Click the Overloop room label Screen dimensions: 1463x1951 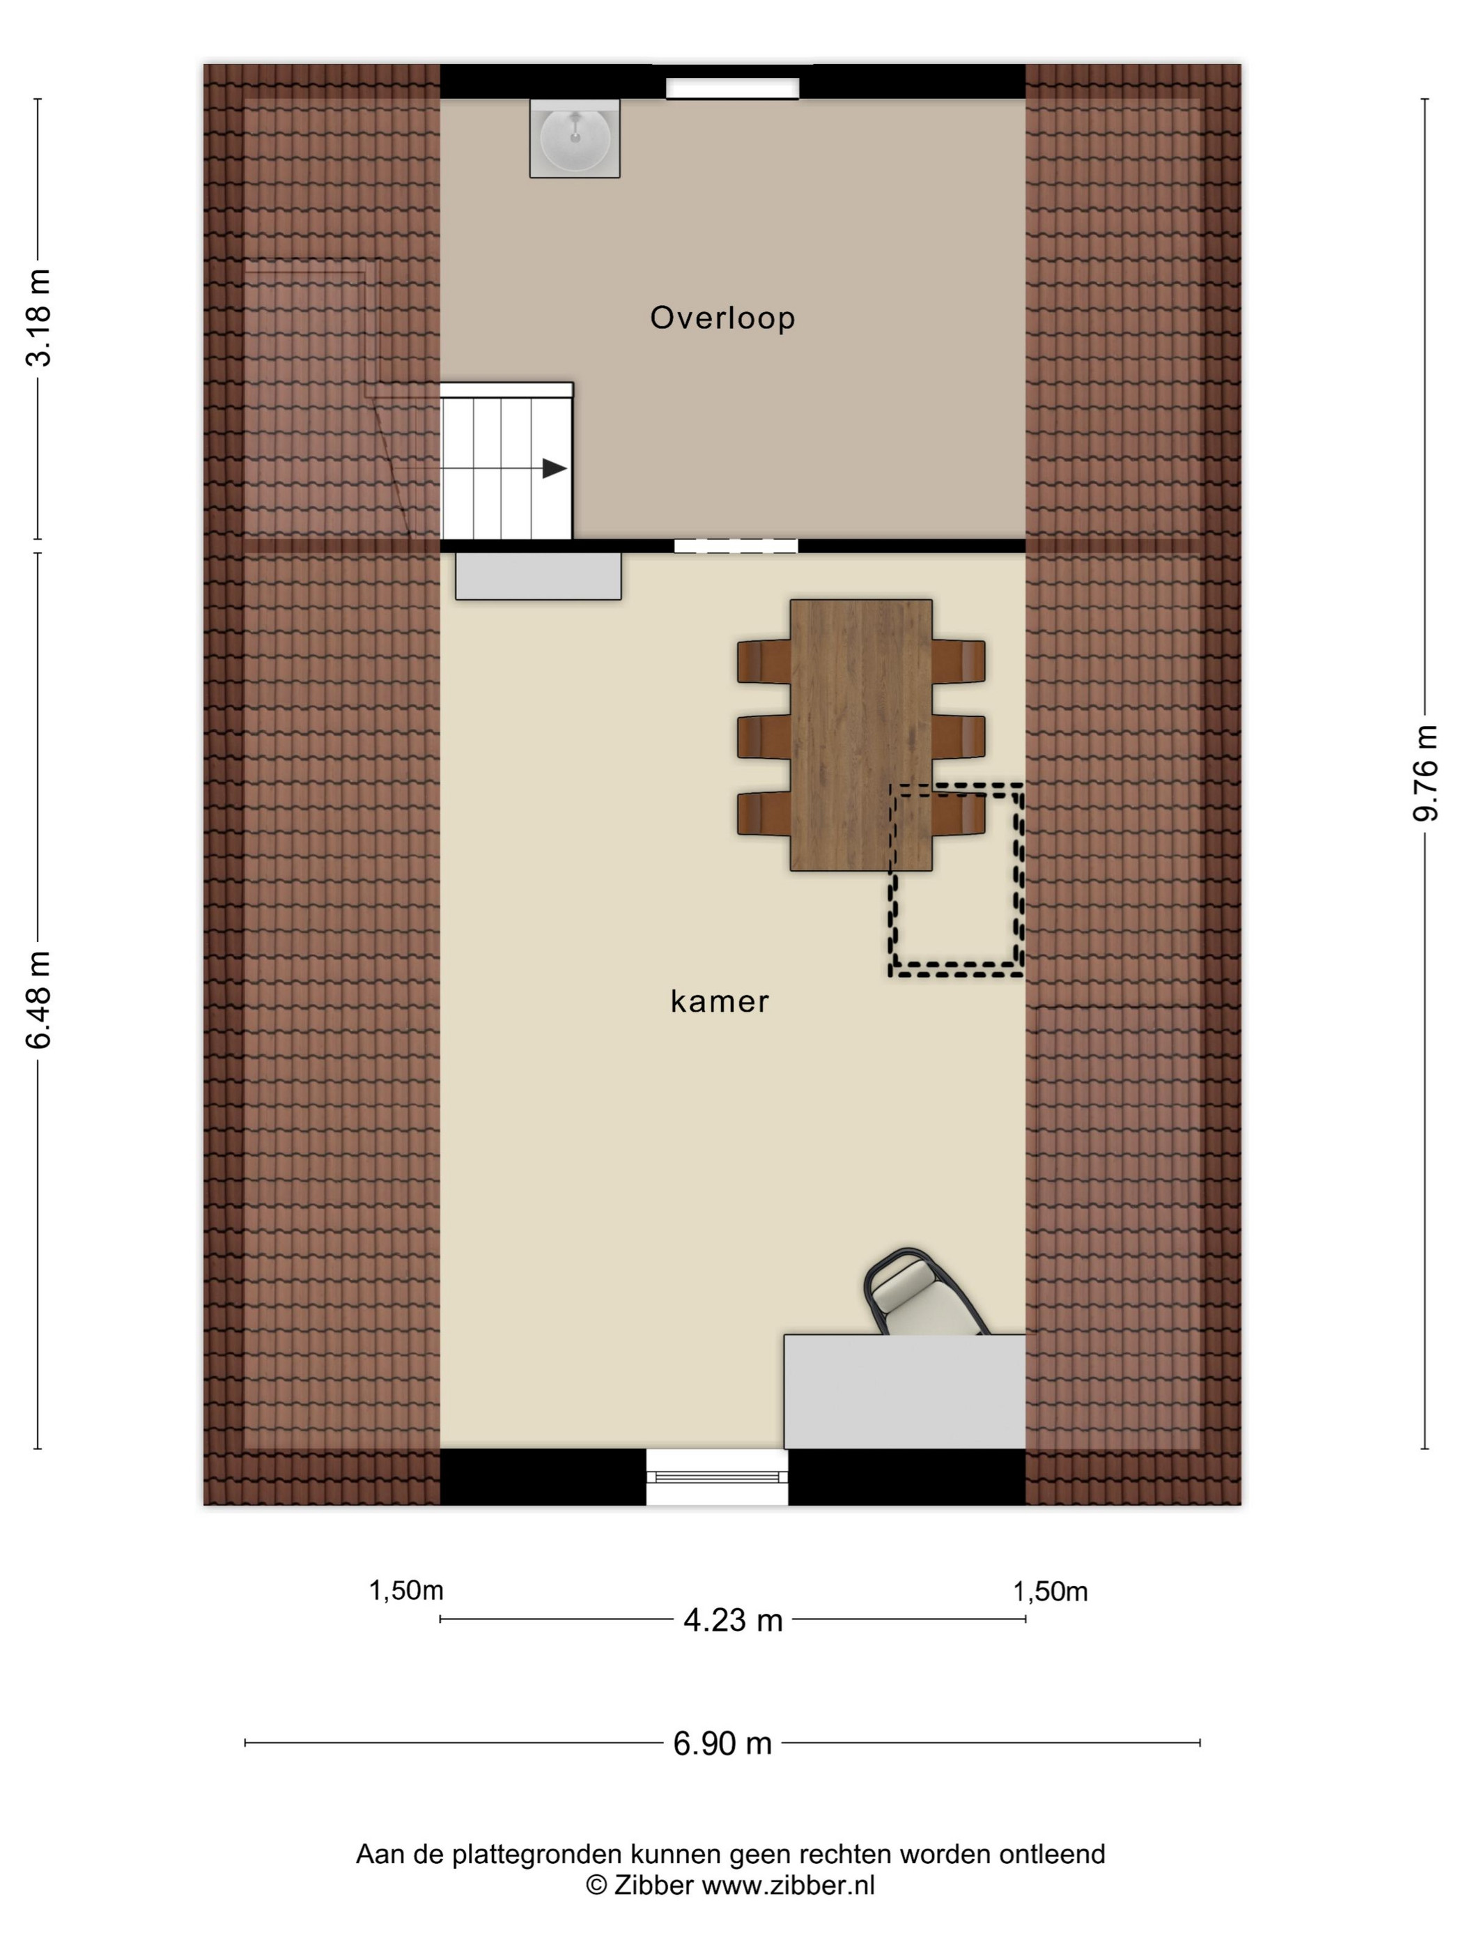(722, 318)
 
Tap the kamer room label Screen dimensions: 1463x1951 (720, 1001)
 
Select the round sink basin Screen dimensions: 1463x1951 (574, 139)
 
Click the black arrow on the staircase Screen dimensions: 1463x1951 (554, 468)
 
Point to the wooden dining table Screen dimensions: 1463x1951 (860, 734)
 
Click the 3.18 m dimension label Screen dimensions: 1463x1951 (40, 318)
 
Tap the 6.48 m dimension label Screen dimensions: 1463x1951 (40, 999)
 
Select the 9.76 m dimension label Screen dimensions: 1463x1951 (1425, 773)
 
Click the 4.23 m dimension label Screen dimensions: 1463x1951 (733, 1620)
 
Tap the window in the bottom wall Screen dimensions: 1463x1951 (717, 1479)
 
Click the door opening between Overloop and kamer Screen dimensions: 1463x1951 (736, 546)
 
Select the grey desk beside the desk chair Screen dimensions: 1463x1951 (905, 1391)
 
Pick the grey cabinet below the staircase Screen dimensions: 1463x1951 (538, 576)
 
